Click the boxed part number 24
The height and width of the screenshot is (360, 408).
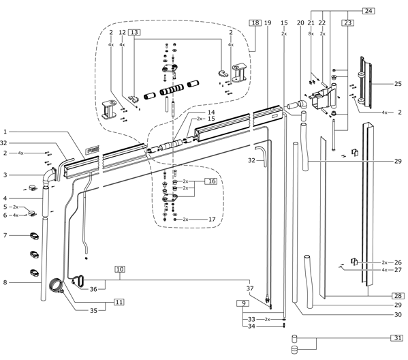coord(368,11)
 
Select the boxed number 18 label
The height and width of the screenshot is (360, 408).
coord(255,22)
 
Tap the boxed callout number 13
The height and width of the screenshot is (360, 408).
coord(135,32)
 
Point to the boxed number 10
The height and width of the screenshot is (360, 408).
coord(120,269)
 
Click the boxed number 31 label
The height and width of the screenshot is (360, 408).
coord(397,338)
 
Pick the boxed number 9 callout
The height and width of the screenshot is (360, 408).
coord(244,303)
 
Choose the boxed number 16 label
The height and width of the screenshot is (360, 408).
coord(211,181)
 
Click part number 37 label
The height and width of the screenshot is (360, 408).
coord(250,288)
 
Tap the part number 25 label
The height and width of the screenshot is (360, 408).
coord(398,84)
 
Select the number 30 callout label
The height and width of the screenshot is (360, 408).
coord(398,315)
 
